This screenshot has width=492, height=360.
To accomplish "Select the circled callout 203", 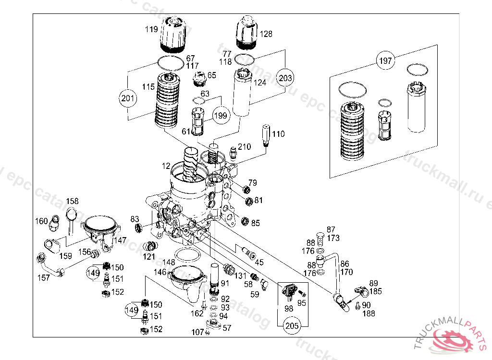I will [285, 77].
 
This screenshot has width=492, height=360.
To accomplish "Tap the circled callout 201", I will [128, 98].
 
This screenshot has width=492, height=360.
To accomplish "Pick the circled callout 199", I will [221, 116].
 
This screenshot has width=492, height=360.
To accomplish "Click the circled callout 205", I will [292, 326].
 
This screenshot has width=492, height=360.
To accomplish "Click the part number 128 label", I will [266, 34].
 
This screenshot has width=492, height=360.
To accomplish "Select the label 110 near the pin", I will [278, 134].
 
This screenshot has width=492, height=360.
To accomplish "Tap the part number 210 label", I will [244, 146].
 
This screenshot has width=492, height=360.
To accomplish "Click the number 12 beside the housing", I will [166, 166].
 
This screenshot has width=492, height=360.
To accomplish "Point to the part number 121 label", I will [148, 257].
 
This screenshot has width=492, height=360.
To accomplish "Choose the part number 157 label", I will [43, 278].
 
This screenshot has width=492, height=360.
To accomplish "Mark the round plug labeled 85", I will [245, 221].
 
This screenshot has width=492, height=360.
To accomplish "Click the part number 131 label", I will [240, 276].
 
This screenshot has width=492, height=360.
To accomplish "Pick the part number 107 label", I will [197, 332].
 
